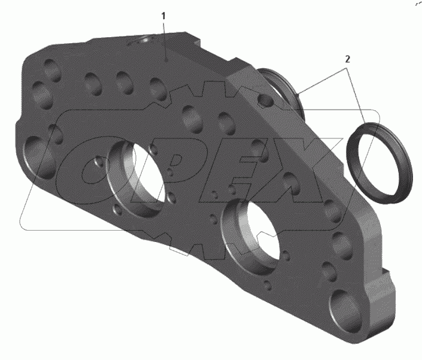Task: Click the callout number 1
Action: point(163,16)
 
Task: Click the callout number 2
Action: point(347,59)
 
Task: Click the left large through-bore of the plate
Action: point(138,179)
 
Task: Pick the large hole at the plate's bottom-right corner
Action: point(345,310)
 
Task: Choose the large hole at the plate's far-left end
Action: point(38,158)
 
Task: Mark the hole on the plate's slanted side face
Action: point(266,100)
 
